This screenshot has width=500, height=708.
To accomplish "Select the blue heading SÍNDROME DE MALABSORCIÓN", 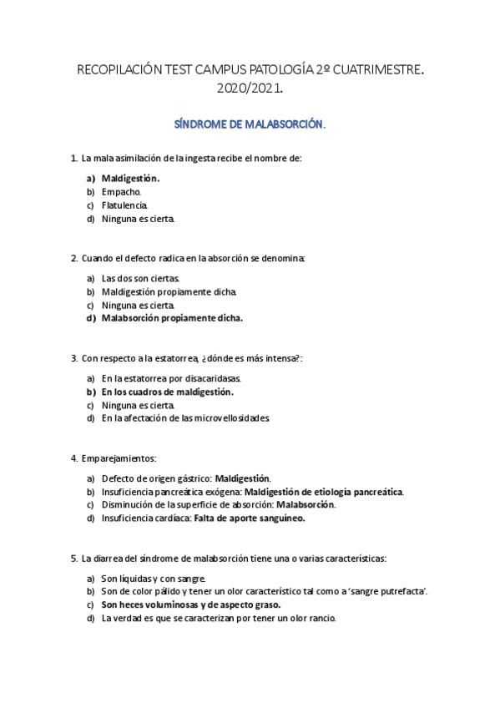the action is (250, 124).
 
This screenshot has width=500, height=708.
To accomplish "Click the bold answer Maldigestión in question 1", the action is (130, 178).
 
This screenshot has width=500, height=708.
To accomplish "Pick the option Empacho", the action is (121, 191).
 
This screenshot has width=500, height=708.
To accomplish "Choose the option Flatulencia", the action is (125, 205).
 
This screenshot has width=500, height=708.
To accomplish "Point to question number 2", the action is (74, 259).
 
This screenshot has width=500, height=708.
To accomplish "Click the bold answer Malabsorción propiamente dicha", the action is (172, 318).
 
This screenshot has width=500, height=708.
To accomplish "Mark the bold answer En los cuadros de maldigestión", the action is (167, 392).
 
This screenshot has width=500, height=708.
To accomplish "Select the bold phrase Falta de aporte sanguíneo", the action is (250, 518).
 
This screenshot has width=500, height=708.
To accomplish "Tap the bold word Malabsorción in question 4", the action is (306, 505).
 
